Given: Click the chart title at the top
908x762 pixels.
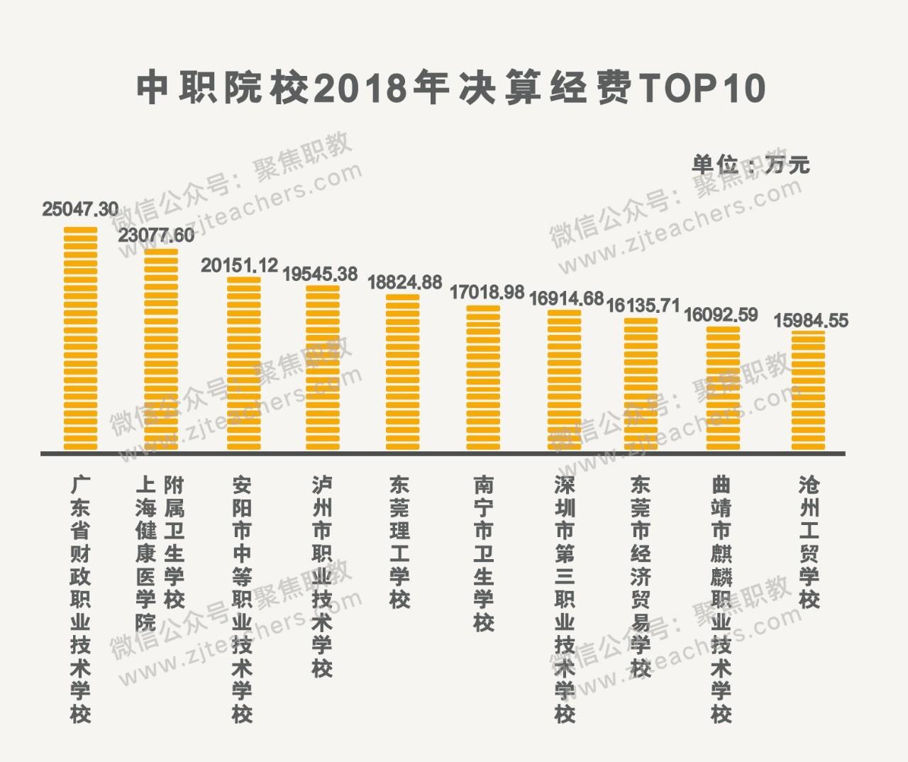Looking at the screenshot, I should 451,88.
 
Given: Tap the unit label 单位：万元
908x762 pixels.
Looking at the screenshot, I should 750,165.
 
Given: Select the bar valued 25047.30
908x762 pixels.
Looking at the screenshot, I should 80,338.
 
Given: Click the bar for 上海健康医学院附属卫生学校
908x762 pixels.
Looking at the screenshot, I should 161,349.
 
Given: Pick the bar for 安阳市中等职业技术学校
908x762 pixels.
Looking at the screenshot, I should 243,363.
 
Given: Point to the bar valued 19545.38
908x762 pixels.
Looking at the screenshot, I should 323,368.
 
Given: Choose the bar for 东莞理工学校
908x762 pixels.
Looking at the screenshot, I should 402,372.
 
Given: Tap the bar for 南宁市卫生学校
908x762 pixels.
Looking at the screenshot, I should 483,377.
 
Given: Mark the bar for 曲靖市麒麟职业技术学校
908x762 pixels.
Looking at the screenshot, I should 723,387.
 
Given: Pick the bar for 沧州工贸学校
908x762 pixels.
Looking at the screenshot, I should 808,390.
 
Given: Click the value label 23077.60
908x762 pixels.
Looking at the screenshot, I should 156,236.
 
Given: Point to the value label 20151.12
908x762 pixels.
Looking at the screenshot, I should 239,265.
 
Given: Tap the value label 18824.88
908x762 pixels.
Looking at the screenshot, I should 404,282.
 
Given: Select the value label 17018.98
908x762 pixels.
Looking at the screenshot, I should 487,292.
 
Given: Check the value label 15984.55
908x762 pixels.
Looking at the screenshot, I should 810,321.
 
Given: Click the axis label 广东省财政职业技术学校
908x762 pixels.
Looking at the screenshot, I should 80,599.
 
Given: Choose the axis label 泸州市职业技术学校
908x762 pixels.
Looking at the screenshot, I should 322,576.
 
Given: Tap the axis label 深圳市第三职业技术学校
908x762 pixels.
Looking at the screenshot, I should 565,599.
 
